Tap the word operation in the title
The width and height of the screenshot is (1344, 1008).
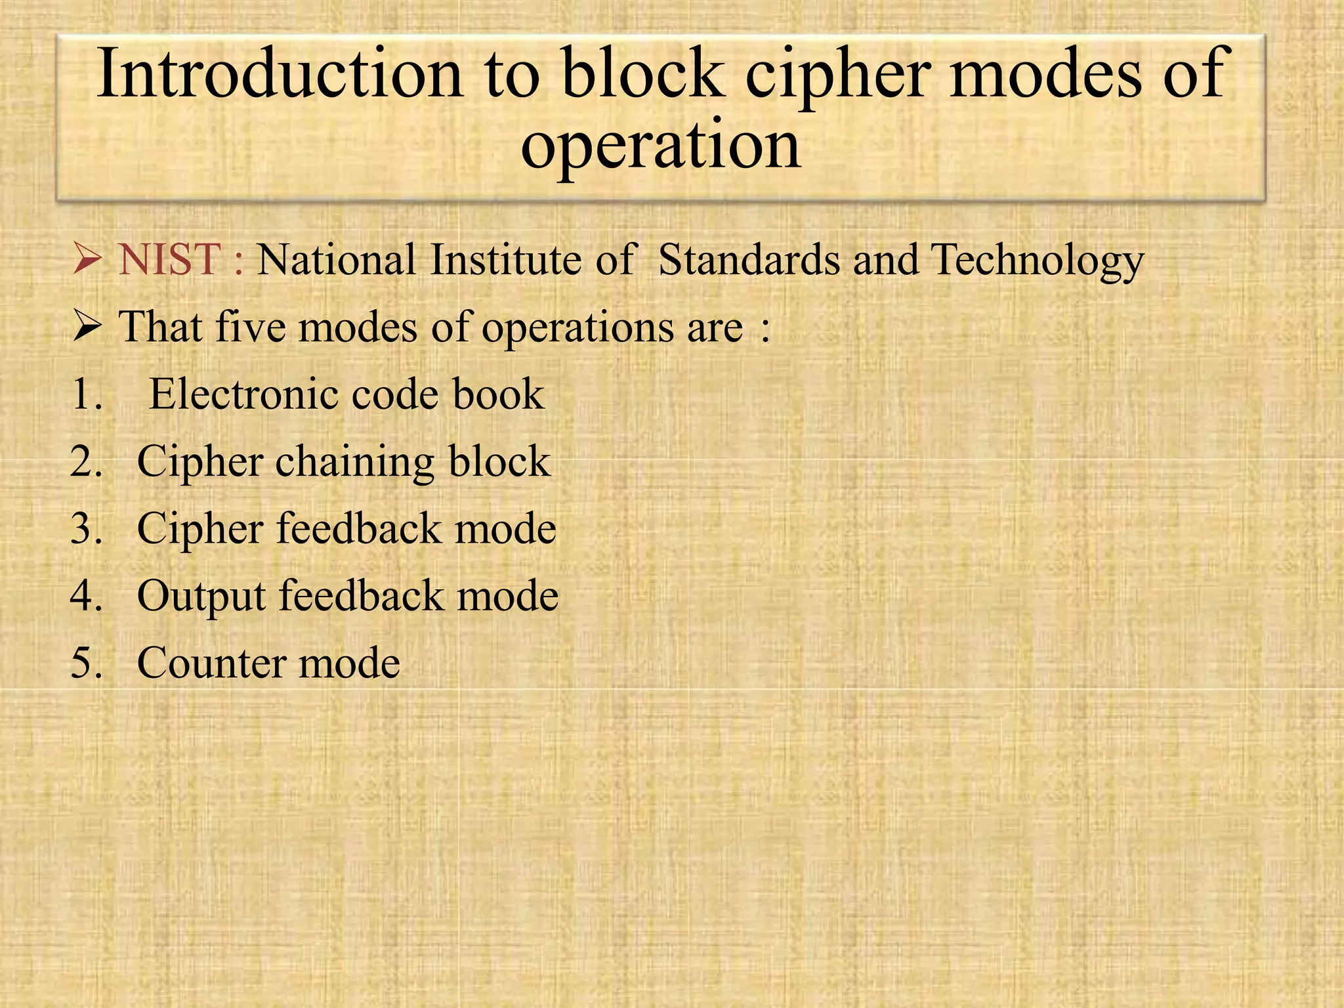(660, 146)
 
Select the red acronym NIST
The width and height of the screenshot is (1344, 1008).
(169, 259)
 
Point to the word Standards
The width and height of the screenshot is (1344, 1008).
(749, 259)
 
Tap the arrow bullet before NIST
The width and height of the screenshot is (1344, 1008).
(87, 259)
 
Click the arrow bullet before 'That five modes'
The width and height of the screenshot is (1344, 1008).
(87, 326)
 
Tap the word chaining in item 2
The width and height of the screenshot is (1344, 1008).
(354, 463)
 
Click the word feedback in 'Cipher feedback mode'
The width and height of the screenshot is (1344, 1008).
(358, 529)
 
